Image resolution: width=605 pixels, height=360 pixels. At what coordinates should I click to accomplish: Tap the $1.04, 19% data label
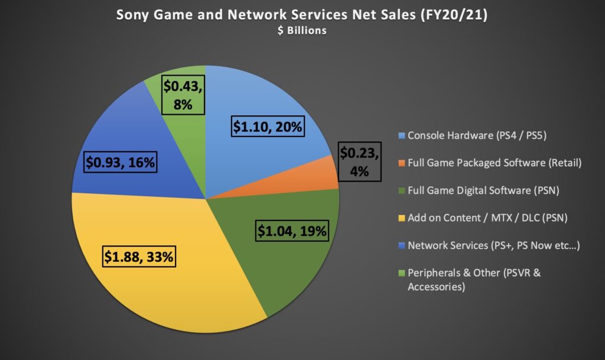coord(292,231)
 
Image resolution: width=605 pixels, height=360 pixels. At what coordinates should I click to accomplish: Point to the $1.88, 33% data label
coord(139,257)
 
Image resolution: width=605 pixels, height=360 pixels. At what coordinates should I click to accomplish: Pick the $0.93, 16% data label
coord(121,162)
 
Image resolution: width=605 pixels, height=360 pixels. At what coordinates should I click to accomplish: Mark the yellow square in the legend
coord(402,218)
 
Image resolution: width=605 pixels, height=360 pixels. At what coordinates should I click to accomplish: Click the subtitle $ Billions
coord(301,30)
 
